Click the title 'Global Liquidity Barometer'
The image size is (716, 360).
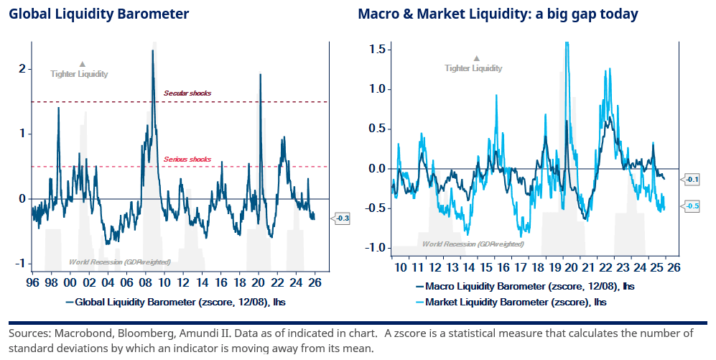pyautogui.click(x=99, y=14)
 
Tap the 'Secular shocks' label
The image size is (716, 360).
pyautogui.click(x=187, y=93)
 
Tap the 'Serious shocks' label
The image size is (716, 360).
pyautogui.click(x=187, y=159)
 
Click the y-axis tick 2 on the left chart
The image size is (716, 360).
pyautogui.click(x=22, y=69)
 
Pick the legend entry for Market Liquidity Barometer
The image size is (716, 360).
pyautogui.click(x=514, y=303)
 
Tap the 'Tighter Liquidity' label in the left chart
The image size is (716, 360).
pyautogui.click(x=79, y=73)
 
